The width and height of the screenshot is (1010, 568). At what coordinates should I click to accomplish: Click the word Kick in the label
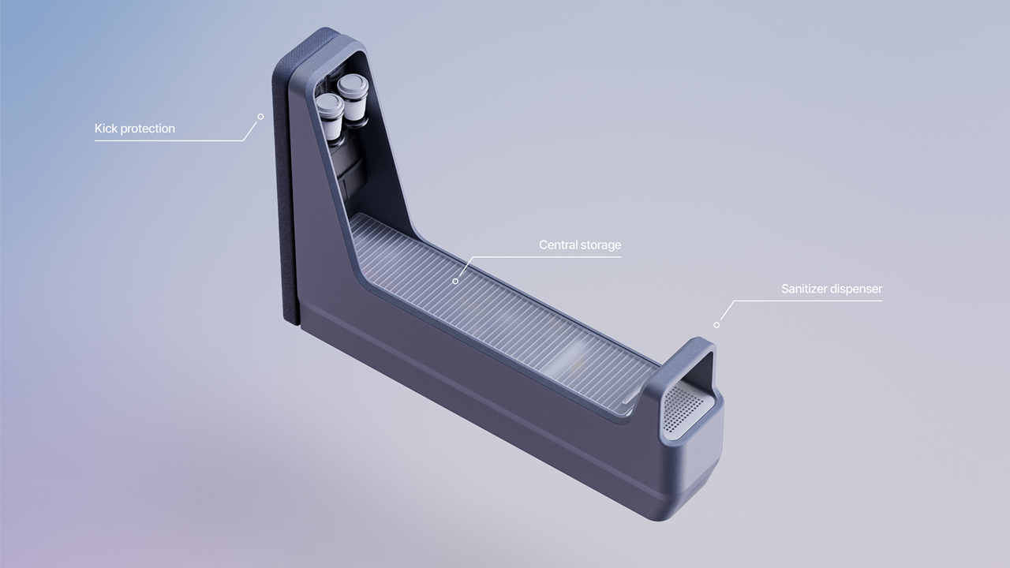click(106, 129)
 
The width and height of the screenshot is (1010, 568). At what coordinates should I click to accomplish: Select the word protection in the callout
click(147, 129)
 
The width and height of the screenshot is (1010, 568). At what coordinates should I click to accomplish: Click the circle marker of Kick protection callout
click(260, 117)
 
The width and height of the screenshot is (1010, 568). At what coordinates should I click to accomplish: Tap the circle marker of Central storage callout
click(455, 281)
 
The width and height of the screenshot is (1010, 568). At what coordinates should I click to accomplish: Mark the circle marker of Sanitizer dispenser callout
click(716, 324)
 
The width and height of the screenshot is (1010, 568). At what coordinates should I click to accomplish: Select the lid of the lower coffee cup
click(329, 103)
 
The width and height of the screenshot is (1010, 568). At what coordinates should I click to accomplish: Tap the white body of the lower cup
click(331, 126)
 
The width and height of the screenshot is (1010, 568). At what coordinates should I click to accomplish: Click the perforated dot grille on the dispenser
click(683, 410)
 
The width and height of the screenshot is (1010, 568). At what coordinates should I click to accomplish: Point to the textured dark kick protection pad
click(285, 197)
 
